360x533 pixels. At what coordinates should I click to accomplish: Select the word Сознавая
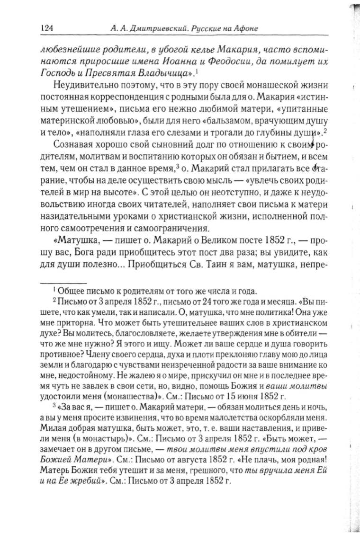point(73,144)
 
